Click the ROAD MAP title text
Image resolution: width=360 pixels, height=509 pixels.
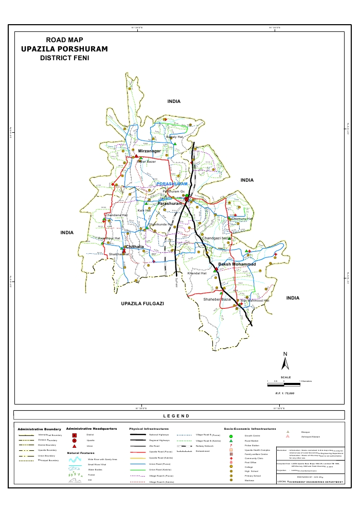[64, 40]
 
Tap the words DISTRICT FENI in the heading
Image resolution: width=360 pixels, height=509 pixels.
[64, 58]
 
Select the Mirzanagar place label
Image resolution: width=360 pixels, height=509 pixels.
[149, 151]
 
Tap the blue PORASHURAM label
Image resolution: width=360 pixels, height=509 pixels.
[172, 184]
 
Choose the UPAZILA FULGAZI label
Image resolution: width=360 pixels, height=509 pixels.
[142, 304]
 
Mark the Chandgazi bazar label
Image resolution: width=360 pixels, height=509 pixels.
[217, 239]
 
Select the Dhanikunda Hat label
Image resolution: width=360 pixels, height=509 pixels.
[160, 224]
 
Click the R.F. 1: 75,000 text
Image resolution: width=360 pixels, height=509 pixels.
[285, 393]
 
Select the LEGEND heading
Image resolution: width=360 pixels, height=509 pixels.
[176, 416]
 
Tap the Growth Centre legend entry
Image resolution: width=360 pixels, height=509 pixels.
[252, 435]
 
